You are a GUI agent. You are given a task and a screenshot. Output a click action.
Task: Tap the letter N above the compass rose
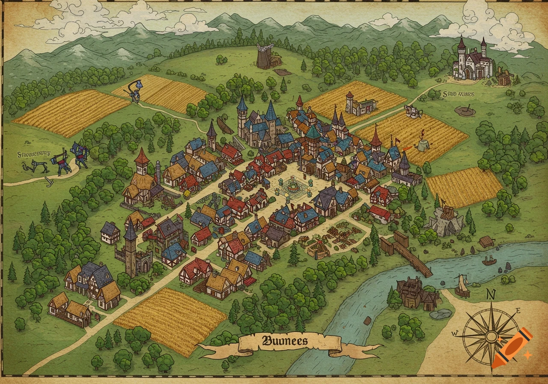click(491, 294)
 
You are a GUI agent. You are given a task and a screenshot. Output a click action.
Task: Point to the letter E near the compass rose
click(518, 312)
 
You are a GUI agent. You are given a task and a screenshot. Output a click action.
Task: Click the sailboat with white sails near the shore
click(462, 286)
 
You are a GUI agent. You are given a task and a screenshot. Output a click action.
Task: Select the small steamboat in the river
click(489, 260)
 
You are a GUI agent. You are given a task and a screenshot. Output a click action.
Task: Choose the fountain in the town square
click(293, 187)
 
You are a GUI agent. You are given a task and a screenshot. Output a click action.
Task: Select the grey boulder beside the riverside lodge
click(441, 314)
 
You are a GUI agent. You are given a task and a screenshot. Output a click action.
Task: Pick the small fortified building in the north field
click(360, 105)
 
